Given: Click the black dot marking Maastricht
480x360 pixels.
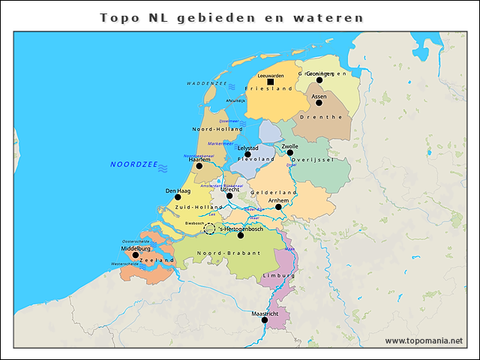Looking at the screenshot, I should pyautogui.click(x=264, y=319).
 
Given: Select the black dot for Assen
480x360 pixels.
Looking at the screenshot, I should pyautogui.click(x=319, y=103).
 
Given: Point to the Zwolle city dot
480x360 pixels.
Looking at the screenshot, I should pyautogui.click(x=289, y=152).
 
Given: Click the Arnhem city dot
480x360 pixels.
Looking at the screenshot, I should pyautogui.click(x=278, y=207).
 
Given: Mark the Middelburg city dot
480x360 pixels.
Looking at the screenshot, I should pyautogui.click(x=136, y=255).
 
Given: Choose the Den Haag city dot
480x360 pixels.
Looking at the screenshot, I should pyautogui.click(x=178, y=197).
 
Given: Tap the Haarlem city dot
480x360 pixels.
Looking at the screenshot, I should pyautogui.click(x=199, y=166).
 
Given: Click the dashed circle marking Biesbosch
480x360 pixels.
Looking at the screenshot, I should pyautogui.click(x=210, y=228).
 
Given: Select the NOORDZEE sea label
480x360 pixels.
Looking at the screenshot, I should pyautogui.click(x=133, y=164).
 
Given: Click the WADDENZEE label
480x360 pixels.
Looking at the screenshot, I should pyautogui.click(x=207, y=83).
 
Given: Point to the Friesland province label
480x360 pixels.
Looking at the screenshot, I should pyautogui.click(x=268, y=88).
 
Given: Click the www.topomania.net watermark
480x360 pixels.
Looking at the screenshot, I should pyautogui.click(x=424, y=340).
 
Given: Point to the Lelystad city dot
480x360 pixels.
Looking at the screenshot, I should pyautogui.click(x=247, y=154).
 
